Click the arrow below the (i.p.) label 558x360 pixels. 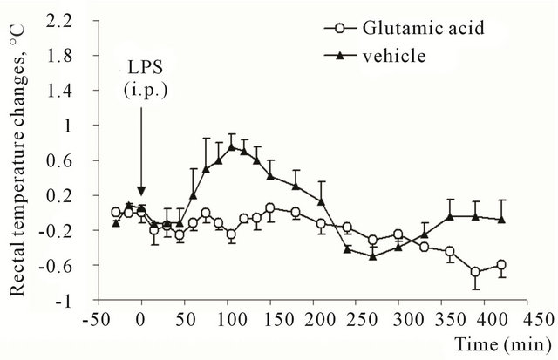(x=141, y=179)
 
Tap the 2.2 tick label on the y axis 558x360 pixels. (x=67, y=22)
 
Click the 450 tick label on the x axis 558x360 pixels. (x=527, y=317)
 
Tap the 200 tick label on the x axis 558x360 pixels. (x=312, y=317)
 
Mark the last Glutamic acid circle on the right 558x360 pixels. (x=501, y=265)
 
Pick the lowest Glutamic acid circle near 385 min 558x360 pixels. (x=475, y=272)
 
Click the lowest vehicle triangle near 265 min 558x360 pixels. (x=372, y=256)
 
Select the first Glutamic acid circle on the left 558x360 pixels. (x=116, y=212)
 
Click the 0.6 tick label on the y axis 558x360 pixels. (x=67, y=161)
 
